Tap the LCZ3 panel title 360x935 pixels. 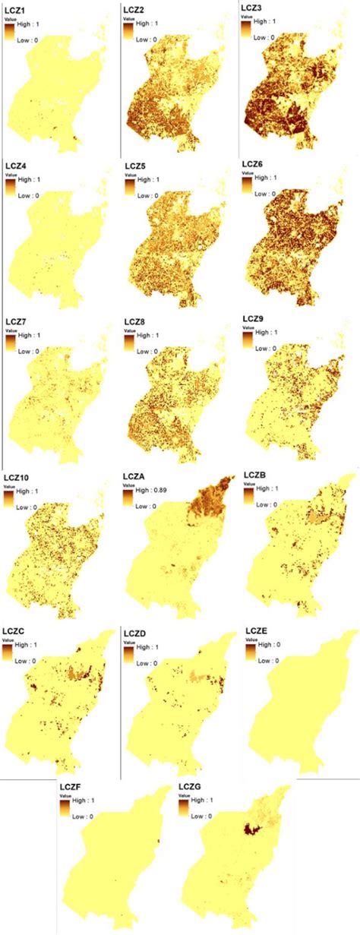tap(252, 8)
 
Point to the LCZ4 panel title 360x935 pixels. tap(14, 164)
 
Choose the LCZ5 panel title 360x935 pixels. tap(135, 164)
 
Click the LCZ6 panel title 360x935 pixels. tap(254, 164)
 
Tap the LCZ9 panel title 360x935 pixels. tap(254, 319)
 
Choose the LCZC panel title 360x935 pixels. tap(15, 631)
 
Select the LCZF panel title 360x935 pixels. tap(71, 787)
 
